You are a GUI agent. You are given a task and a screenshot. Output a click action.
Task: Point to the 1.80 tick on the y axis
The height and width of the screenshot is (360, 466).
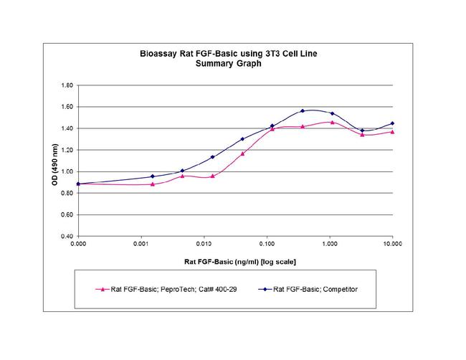(67, 85)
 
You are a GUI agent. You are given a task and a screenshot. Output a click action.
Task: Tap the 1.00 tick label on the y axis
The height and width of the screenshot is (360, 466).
(67, 171)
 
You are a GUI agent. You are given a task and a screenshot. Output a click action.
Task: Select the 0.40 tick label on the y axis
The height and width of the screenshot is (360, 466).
(67, 236)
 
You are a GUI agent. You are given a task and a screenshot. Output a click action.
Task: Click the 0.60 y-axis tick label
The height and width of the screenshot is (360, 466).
(67, 214)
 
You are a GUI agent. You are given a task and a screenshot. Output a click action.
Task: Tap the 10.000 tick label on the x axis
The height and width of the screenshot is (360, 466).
(392, 245)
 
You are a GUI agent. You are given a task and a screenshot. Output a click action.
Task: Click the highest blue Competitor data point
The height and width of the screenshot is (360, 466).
(303, 111)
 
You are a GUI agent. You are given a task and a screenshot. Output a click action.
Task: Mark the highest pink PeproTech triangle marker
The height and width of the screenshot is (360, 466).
(332, 122)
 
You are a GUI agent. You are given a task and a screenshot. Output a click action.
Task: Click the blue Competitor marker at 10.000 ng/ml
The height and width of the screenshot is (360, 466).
(392, 123)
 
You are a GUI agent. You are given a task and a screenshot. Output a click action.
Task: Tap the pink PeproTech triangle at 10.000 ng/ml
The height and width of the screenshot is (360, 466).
(392, 132)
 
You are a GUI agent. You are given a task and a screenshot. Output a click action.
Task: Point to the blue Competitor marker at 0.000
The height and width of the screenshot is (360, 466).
(79, 184)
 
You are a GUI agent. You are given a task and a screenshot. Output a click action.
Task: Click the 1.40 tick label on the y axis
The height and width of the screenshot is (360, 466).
(67, 128)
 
